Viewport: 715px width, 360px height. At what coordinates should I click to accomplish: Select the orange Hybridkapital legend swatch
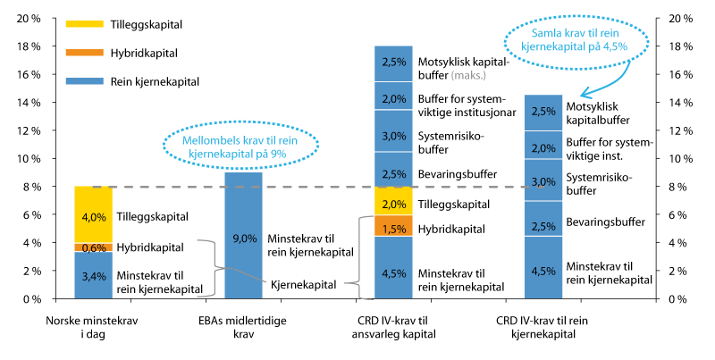click(x=76, y=54)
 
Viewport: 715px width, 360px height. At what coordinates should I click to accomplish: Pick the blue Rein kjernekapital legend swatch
click(x=76, y=81)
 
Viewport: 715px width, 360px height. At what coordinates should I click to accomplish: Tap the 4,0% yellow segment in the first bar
click(x=93, y=215)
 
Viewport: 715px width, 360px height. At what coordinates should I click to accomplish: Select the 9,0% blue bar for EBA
click(x=243, y=237)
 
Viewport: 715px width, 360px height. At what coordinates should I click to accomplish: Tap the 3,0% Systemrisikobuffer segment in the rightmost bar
click(x=543, y=181)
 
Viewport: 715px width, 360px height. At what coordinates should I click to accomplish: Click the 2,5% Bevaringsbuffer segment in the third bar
click(x=393, y=173)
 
